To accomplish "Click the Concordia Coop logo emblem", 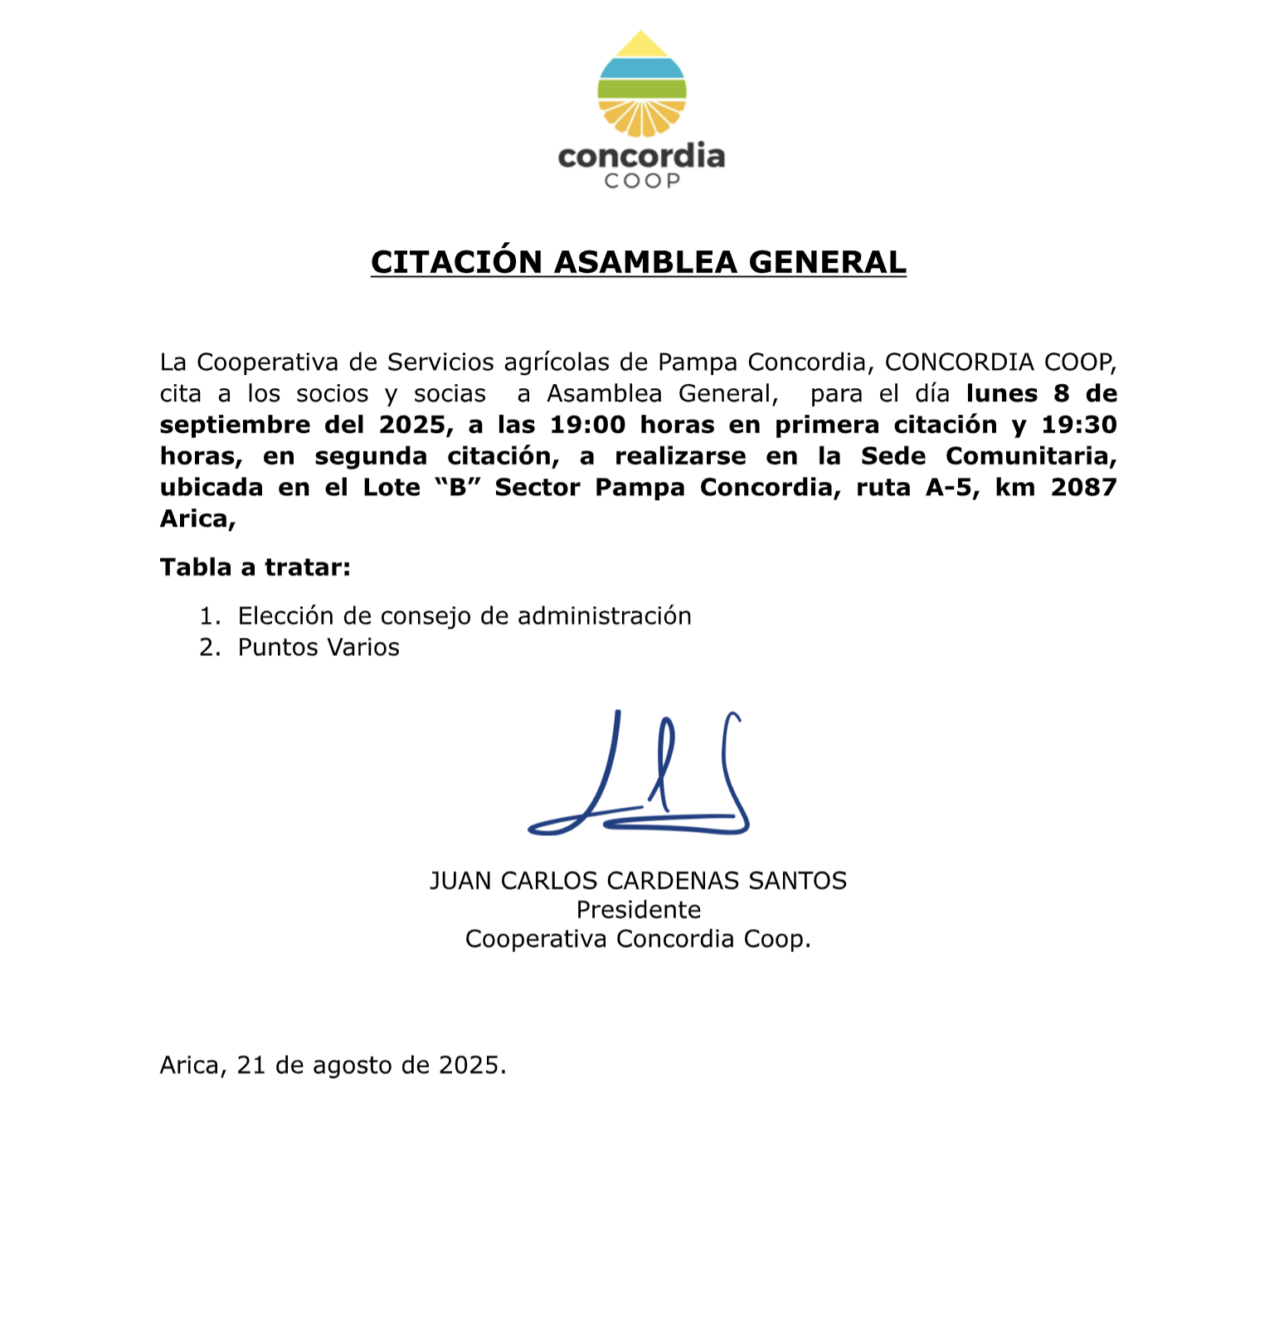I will tap(641, 85).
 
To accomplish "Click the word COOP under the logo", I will tap(641, 181).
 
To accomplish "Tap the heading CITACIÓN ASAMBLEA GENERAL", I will tap(638, 262).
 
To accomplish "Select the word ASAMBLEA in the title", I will tap(645, 262).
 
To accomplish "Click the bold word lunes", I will tap(1001, 393).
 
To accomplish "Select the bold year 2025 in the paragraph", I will tap(411, 425).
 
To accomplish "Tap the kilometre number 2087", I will tap(1083, 487).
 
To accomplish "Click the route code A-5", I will tap(948, 487).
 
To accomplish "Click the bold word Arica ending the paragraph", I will tap(195, 518).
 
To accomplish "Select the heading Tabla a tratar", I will tap(255, 567).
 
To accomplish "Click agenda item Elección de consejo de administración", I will tap(464, 616).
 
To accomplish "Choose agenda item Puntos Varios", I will tap(319, 647).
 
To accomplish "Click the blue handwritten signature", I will tap(639, 775).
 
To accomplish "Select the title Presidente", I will tap(638, 910).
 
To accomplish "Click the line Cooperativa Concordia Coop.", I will tap(637, 939).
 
